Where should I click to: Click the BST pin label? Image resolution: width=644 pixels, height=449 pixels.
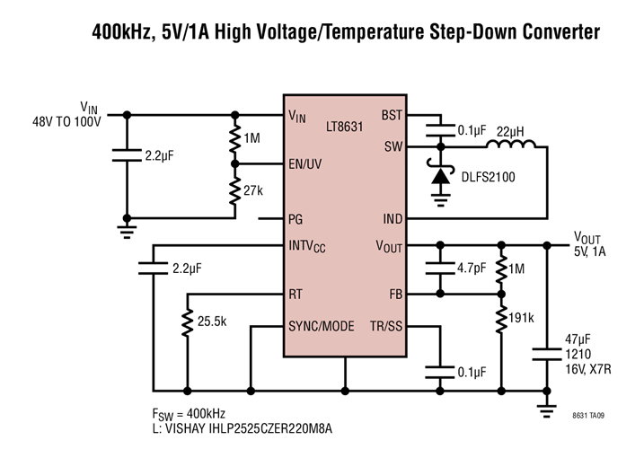pyautogui.click(x=392, y=116)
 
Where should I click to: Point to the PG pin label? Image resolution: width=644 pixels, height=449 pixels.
pyautogui.click(x=296, y=218)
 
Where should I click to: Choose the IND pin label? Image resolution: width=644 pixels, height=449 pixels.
pyautogui.click(x=392, y=218)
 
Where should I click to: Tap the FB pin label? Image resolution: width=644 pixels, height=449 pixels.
pyautogui.click(x=394, y=293)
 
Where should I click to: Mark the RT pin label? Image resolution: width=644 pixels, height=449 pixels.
pyautogui.click(x=296, y=293)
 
